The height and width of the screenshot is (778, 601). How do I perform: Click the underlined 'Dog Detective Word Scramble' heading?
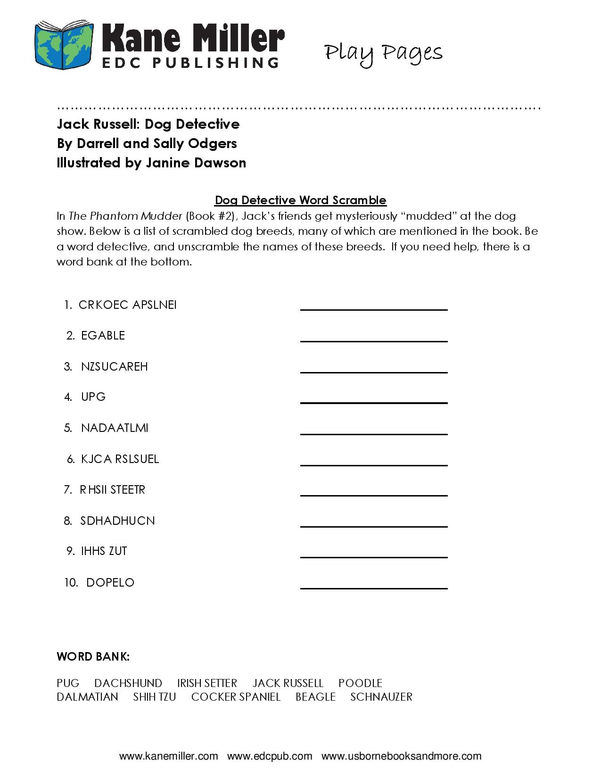[300, 200]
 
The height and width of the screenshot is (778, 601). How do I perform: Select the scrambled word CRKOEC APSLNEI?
[127, 305]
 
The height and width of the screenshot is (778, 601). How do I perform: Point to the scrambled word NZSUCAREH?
[114, 366]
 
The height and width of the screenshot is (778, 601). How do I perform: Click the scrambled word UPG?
[93, 397]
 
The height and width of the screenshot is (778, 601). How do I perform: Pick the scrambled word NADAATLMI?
[115, 428]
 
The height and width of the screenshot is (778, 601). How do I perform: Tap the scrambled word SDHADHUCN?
[117, 521]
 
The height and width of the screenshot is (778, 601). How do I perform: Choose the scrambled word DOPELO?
[110, 583]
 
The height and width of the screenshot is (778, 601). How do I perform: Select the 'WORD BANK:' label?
[93, 656]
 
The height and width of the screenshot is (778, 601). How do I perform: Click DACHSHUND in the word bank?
[128, 683]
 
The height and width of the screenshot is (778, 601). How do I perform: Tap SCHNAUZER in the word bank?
[381, 697]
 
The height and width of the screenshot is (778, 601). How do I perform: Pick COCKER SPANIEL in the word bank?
[236, 697]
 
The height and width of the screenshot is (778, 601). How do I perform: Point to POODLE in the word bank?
[360, 683]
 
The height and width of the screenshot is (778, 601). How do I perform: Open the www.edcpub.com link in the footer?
[270, 756]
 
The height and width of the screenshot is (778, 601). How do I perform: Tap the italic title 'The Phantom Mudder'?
[125, 216]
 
